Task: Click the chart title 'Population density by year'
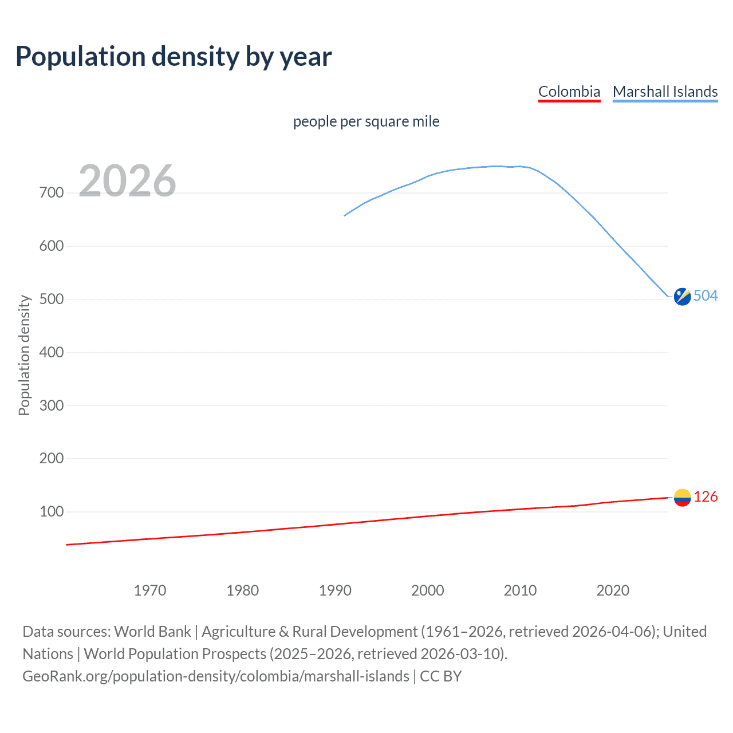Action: click(174, 57)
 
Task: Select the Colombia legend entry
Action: click(569, 92)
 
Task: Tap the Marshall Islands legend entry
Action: click(665, 92)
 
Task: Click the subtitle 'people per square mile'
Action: click(366, 121)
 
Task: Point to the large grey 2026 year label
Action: click(127, 181)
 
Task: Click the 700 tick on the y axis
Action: click(52, 192)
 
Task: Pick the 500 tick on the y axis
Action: click(52, 299)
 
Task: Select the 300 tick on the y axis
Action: click(52, 405)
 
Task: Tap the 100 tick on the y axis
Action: click(52, 511)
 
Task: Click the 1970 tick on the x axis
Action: click(150, 590)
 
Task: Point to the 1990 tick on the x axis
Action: click(335, 590)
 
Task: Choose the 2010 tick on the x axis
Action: click(520, 590)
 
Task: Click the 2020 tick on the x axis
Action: click(613, 590)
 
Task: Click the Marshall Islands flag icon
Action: click(682, 297)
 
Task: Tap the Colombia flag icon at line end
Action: click(682, 498)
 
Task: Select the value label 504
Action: click(706, 295)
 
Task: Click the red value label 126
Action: click(706, 496)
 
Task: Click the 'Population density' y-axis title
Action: click(24, 355)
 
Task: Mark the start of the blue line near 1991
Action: click(345, 215)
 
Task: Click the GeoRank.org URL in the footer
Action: click(216, 676)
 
